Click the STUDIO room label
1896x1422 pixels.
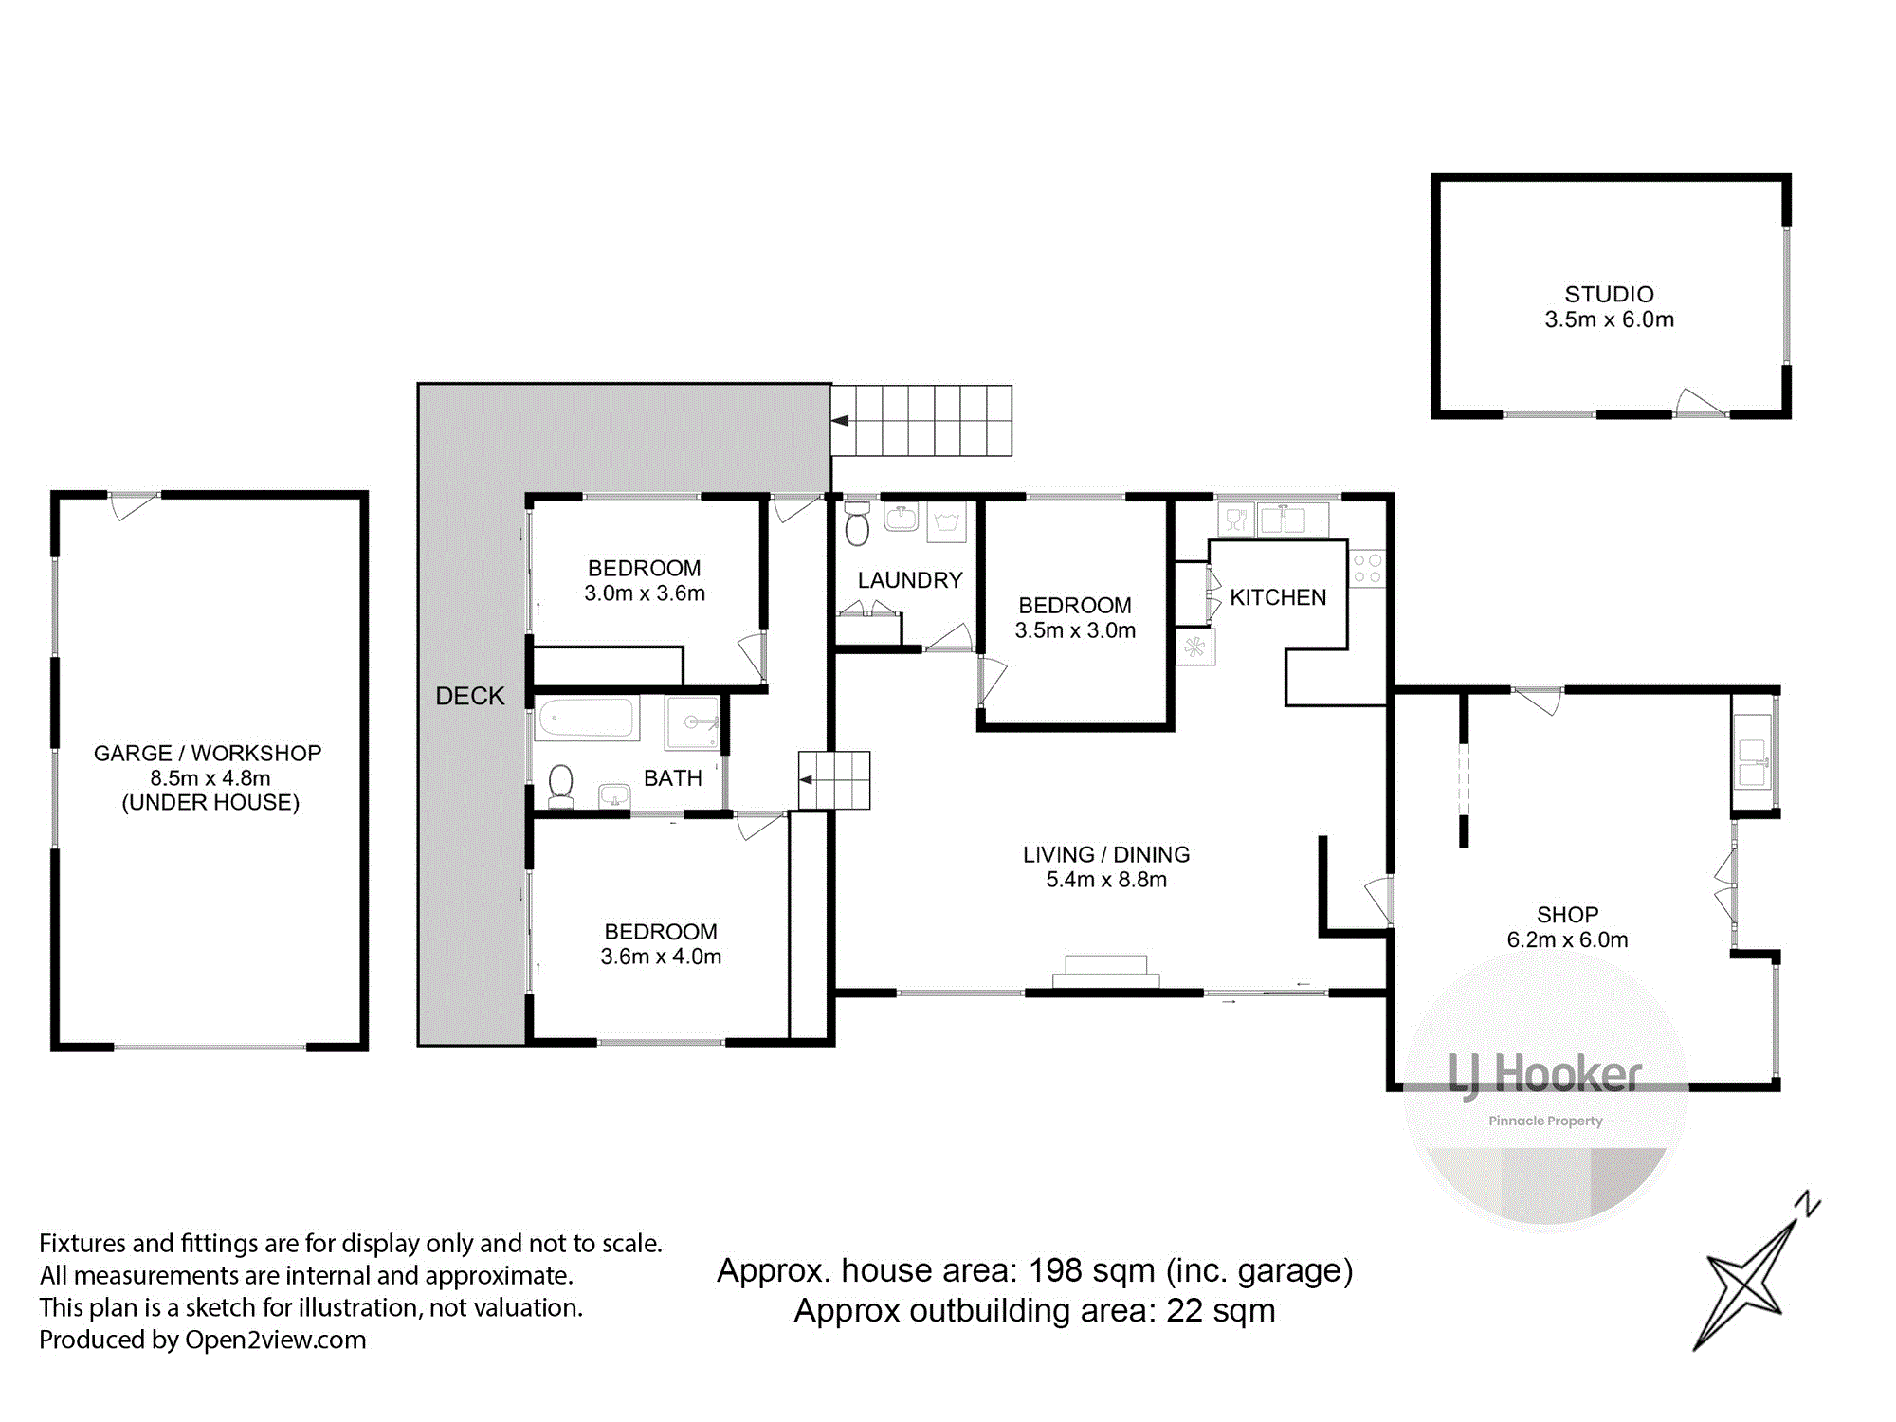point(1609,294)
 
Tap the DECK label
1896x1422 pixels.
point(470,696)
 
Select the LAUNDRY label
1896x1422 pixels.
point(910,580)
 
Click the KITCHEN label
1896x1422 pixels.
point(1278,597)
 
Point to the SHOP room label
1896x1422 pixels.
point(1568,915)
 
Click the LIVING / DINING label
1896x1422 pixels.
point(1106,854)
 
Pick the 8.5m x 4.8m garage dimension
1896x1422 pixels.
point(210,778)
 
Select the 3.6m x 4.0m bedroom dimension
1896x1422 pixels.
point(661,957)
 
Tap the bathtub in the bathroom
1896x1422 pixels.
point(586,718)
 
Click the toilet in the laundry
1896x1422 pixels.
point(857,523)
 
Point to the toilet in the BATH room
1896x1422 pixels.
point(561,787)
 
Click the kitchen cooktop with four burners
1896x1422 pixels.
point(1368,568)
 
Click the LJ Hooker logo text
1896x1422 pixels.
point(1545,1075)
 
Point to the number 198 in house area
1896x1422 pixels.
point(1055,1270)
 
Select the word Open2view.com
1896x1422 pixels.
point(275,1340)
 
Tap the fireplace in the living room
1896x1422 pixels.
point(1106,972)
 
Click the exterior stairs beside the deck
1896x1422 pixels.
point(921,421)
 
